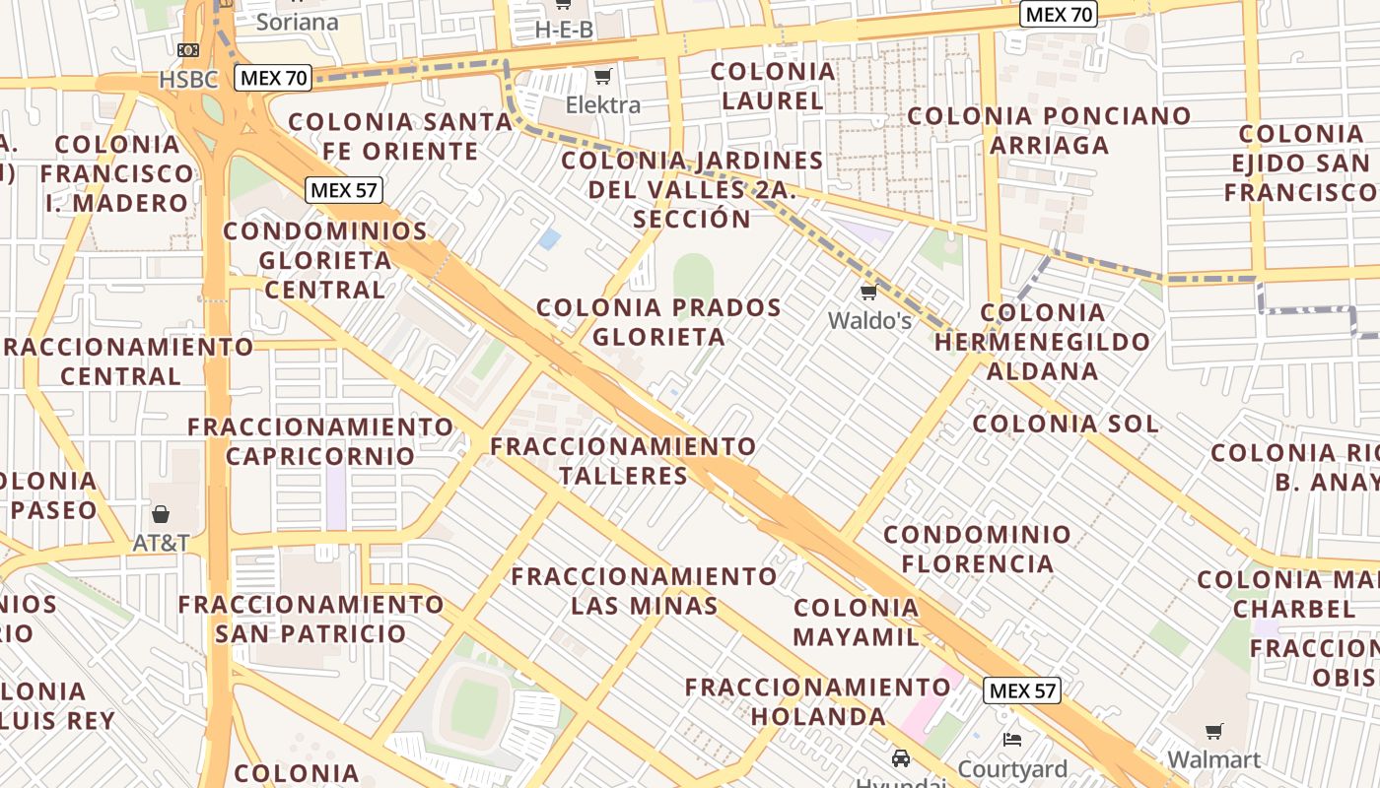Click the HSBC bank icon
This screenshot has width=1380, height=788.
188,50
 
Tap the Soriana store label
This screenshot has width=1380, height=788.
297,22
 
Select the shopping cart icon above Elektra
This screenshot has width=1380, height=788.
602,77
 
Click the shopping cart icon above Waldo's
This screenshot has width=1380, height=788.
868,292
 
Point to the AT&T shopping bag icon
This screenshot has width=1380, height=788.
161,513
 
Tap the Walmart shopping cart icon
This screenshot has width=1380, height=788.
1213,731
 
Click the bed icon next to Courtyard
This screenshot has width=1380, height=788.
1011,740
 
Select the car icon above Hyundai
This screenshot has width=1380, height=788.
900,757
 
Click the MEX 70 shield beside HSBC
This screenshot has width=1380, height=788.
273,78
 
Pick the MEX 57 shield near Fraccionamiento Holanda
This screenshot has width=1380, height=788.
1022,690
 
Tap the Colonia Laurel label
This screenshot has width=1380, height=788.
773,86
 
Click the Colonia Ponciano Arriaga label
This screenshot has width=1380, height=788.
1049,130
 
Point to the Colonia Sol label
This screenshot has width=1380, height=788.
1066,425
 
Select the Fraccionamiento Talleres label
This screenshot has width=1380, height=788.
623,461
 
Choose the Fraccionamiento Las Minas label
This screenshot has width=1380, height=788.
645,590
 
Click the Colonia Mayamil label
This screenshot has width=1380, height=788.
856,622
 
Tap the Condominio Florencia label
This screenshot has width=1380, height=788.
977,549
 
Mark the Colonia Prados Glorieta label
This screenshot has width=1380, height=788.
658,322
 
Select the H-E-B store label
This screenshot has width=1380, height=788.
564,30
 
